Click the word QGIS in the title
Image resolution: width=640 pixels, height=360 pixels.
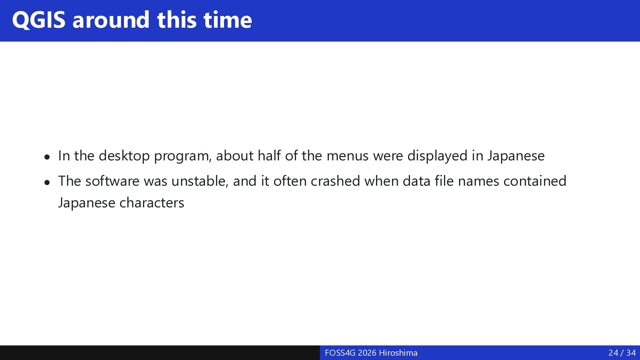click(39, 20)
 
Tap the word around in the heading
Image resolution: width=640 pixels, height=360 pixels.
click(111, 20)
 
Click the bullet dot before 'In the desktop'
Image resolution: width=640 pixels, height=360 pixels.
click(47, 157)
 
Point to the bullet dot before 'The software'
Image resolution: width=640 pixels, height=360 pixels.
click(47, 182)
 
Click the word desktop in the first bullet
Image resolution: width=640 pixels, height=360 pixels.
click(124, 156)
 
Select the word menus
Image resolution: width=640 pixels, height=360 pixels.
click(347, 156)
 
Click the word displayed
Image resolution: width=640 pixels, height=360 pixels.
click(437, 156)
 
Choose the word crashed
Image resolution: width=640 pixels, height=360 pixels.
click(335, 181)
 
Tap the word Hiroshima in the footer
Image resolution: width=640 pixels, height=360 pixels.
click(398, 353)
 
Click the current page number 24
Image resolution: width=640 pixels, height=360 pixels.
click(613, 353)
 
